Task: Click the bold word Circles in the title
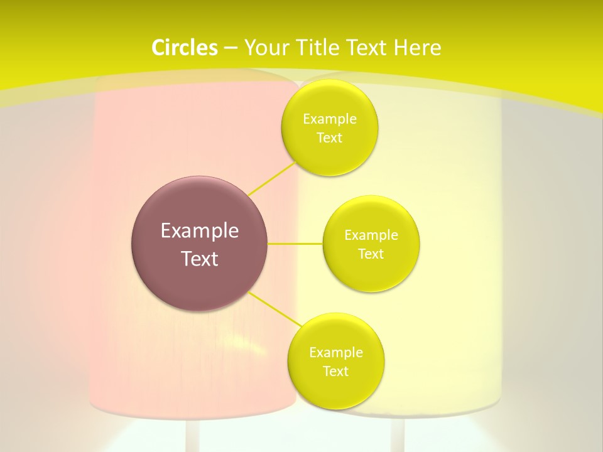tap(184, 48)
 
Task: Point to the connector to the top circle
tap(272, 178)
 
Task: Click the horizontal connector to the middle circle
tap(295, 243)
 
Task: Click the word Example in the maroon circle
tap(199, 231)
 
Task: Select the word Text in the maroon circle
tap(199, 259)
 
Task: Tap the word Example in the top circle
tap(329, 119)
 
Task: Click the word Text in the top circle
tap(329, 138)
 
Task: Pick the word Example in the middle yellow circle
tap(371, 235)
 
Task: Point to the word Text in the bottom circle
tap(335, 372)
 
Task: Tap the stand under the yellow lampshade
tap(397, 436)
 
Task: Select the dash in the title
tap(231, 48)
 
